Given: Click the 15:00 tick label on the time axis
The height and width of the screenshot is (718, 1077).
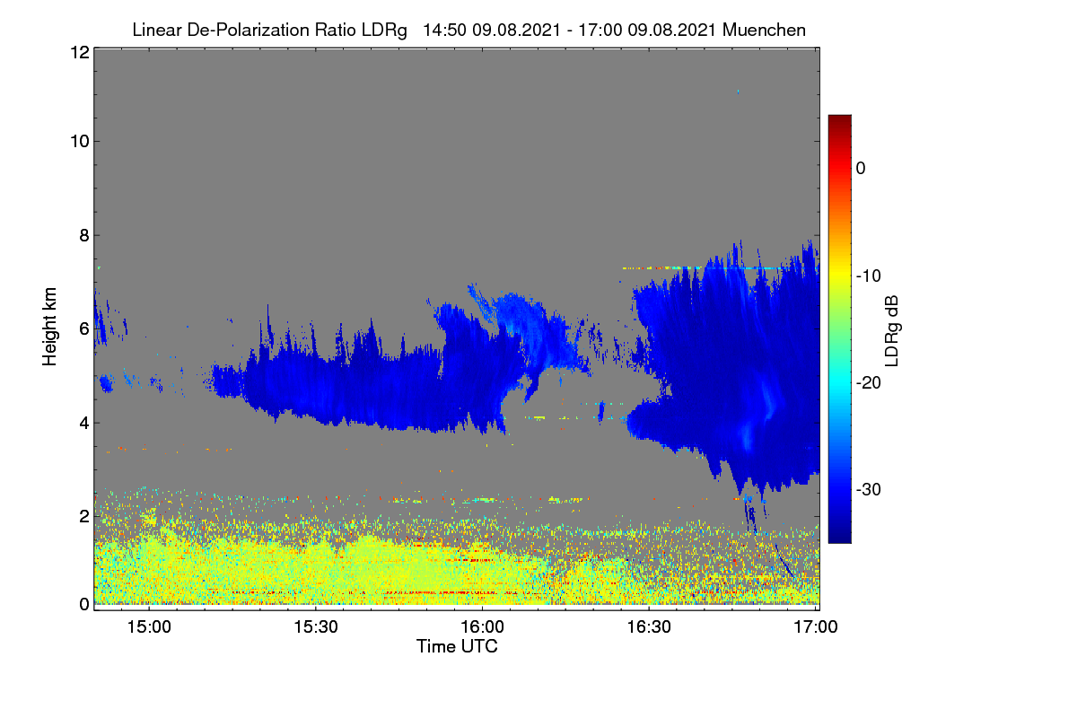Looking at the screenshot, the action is [x=149, y=627].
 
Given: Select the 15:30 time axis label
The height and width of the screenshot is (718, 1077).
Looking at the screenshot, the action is [x=316, y=627].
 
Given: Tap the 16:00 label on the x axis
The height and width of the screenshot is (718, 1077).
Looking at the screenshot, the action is [x=482, y=627].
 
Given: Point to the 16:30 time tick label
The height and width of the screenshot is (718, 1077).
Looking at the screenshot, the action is [x=649, y=627].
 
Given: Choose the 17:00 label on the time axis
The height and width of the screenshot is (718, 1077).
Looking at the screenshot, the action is [x=816, y=627].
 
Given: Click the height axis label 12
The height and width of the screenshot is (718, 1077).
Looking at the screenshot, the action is [x=80, y=52].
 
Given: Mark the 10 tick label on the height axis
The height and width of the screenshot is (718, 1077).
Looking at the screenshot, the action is [x=80, y=142].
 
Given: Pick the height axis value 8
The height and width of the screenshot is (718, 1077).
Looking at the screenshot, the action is [x=84, y=235].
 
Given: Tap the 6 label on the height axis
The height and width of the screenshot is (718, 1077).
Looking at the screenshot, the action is [x=84, y=329].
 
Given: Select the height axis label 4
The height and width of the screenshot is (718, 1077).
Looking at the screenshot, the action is [x=84, y=424].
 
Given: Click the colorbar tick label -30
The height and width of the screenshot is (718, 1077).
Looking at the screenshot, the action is [x=869, y=489].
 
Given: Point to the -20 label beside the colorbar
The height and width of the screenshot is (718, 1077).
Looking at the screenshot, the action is [x=869, y=383].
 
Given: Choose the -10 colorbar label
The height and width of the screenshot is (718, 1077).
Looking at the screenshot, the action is [x=869, y=276].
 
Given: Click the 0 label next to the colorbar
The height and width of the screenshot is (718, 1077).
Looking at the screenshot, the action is [x=861, y=169].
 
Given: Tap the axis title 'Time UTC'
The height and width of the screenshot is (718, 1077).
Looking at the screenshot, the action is [x=457, y=646].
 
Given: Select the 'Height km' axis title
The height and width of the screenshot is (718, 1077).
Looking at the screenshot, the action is [x=49, y=327].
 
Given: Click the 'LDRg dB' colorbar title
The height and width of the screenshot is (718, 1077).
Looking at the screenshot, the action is [x=891, y=331].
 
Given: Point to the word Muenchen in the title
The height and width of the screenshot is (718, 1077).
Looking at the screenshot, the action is [x=764, y=31].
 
